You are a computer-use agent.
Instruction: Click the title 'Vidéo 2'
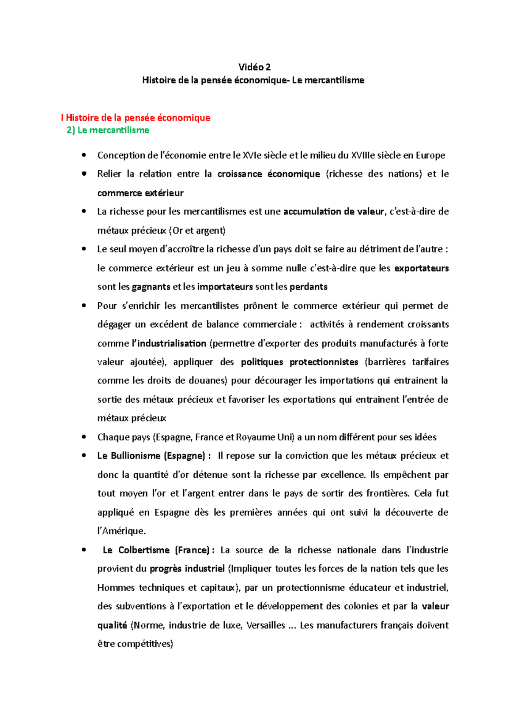254,67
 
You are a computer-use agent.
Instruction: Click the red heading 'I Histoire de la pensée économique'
136,118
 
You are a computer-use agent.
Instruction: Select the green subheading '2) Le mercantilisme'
108,130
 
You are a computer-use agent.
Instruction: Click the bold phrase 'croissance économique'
268,174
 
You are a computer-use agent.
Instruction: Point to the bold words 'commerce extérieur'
140,193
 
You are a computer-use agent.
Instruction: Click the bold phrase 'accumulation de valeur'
333,211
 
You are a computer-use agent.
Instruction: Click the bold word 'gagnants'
151,287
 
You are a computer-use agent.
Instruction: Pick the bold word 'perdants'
308,287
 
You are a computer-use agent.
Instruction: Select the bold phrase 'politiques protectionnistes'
299,362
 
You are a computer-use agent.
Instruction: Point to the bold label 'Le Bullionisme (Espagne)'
151,456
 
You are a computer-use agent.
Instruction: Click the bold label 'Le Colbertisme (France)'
156,550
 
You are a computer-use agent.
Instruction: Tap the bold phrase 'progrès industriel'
187,569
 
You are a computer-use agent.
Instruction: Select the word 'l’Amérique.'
121,531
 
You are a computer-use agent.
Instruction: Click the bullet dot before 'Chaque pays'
84,437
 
